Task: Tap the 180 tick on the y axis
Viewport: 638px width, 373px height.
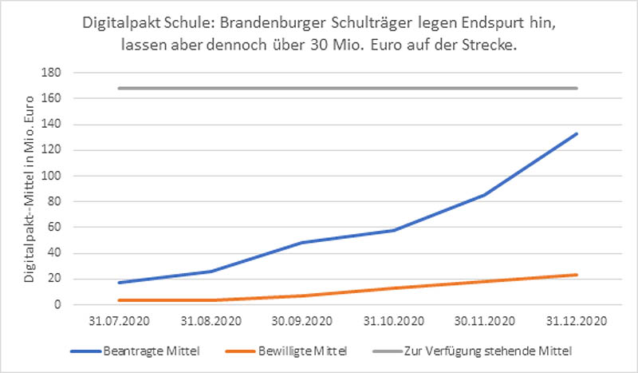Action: click(55, 73)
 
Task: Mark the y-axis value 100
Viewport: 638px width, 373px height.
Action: click(55, 176)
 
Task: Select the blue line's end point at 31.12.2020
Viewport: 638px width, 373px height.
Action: click(577, 133)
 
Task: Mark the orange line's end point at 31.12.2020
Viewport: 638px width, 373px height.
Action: click(577, 275)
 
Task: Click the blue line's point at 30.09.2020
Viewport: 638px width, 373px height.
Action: click(301, 242)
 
